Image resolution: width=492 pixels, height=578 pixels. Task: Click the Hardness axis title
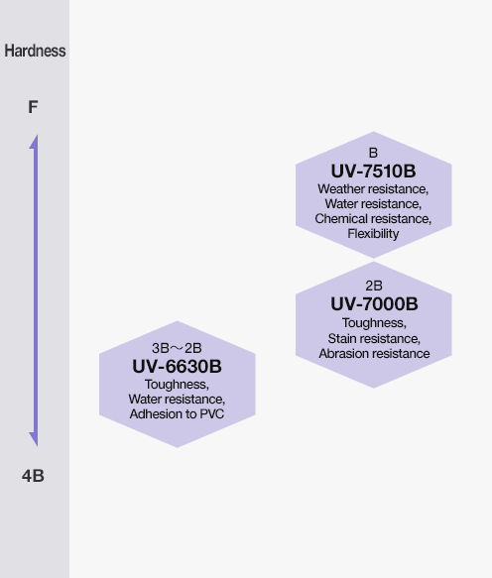35,51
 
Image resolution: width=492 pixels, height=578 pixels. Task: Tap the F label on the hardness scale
33,107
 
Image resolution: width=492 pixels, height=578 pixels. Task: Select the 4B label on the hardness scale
33,476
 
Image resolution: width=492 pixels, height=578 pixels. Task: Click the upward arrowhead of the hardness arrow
35,143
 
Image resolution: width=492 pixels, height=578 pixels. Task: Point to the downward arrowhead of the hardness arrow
35,439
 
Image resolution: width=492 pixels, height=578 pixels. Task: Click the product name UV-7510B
373,172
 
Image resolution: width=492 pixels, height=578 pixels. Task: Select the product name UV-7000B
374,304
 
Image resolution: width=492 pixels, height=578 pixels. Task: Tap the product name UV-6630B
177,367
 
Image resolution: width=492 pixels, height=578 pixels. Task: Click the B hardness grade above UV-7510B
373,153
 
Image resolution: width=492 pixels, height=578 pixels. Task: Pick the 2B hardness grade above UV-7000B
374,286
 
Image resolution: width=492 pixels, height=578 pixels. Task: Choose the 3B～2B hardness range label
177,348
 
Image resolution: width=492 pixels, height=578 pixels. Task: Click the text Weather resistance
373,189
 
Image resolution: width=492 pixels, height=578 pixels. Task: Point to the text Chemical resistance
373,219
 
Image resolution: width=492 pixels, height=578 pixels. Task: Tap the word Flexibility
373,234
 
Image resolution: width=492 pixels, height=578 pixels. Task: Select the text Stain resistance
374,338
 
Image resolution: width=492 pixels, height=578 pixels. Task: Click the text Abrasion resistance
374,354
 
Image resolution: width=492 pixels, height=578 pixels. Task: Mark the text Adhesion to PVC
177,414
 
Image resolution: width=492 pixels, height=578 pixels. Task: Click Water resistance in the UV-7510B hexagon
373,204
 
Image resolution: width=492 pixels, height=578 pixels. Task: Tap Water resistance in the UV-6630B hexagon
177,400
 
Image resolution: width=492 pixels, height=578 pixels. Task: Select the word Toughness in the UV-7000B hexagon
374,323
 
